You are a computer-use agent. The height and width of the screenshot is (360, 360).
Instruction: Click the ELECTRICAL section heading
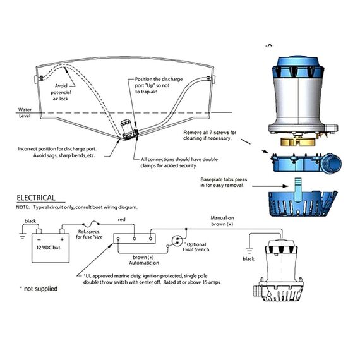click(35, 198)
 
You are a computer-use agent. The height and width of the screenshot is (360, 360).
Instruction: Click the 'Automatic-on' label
click(147, 262)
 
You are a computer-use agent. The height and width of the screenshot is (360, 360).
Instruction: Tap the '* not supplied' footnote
click(39, 289)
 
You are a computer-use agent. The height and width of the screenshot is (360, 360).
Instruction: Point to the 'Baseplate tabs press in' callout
click(223, 183)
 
